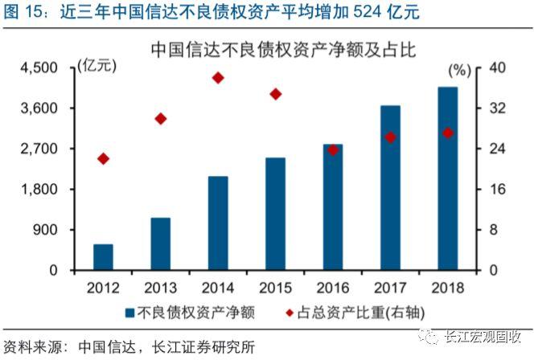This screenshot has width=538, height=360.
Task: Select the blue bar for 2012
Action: [x=103, y=257]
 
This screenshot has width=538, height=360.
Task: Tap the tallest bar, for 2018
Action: [x=447, y=178]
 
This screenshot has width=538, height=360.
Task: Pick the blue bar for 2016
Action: [x=333, y=207]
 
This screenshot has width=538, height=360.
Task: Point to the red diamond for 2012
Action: [x=103, y=158]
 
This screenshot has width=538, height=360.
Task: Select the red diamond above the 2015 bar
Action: [x=276, y=94]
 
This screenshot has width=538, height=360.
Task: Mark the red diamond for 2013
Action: [x=161, y=119]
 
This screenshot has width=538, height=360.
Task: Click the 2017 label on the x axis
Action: [x=390, y=287]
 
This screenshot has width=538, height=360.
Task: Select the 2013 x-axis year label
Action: [x=161, y=287]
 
